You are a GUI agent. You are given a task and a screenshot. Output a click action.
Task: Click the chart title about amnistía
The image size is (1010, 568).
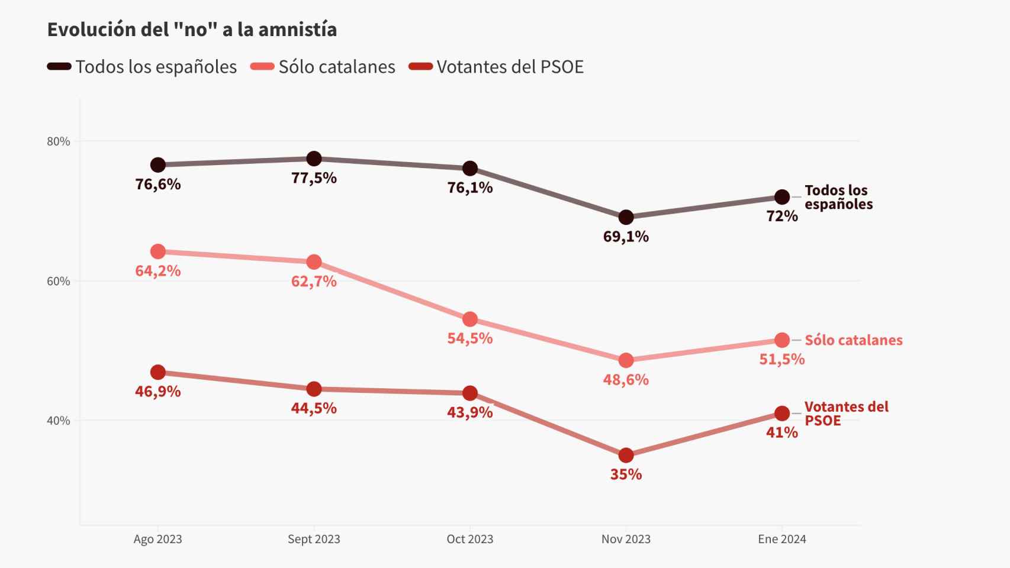click(x=192, y=30)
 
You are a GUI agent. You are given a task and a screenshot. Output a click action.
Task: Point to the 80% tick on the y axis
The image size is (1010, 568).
click(x=58, y=141)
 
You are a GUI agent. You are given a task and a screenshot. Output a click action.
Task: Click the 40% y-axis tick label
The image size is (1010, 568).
click(x=58, y=421)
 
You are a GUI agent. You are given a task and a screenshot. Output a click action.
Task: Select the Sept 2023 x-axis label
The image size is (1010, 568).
click(x=314, y=539)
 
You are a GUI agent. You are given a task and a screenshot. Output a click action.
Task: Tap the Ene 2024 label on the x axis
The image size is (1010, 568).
click(x=781, y=539)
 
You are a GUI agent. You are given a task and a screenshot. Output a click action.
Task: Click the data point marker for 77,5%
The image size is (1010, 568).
click(x=314, y=159)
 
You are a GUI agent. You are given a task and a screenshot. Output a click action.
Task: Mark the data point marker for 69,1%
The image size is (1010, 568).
click(x=626, y=217)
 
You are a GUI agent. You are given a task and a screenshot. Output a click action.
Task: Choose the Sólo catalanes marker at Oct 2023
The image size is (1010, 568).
click(x=470, y=319)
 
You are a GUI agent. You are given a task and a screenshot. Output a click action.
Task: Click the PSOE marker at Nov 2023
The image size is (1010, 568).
click(x=626, y=456)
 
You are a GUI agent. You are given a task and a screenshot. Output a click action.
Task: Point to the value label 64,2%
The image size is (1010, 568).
click(x=158, y=271)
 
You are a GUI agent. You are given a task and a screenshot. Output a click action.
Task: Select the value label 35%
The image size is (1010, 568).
click(x=626, y=475)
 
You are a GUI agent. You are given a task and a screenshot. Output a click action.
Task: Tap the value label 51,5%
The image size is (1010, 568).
click(x=781, y=359)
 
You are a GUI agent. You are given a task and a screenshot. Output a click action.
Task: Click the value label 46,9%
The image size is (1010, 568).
click(x=158, y=392)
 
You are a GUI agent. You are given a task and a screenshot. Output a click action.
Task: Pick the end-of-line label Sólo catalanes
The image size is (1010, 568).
click(x=853, y=340)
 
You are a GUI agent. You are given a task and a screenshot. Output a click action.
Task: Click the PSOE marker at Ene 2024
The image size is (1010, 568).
click(x=781, y=413)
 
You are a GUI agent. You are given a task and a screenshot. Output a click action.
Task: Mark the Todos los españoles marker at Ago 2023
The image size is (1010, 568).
click(x=158, y=164)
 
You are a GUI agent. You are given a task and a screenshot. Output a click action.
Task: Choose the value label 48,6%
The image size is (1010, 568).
click(x=626, y=380)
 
